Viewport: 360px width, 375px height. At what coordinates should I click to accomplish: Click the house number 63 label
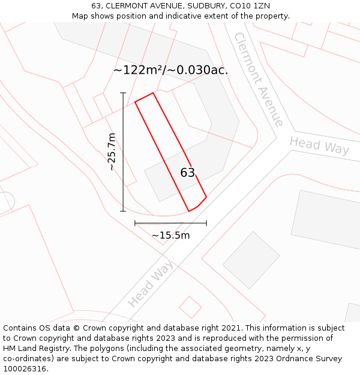188,173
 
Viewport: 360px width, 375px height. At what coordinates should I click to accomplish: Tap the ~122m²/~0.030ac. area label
171,70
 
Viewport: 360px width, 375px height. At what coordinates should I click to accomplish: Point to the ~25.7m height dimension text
112,152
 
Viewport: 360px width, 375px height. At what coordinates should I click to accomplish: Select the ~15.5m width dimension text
170,235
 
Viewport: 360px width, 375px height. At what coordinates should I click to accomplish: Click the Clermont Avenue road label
259,79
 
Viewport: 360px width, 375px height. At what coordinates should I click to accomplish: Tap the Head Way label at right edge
319,145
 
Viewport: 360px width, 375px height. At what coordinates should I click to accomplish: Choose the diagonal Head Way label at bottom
150,283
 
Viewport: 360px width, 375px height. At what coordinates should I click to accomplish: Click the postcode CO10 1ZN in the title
250,6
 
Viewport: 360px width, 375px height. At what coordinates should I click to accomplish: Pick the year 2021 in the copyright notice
230,328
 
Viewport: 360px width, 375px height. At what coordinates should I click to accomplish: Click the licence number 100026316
26,369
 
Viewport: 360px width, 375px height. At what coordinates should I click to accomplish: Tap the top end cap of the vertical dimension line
123,93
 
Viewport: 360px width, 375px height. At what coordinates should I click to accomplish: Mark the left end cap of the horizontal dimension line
135,223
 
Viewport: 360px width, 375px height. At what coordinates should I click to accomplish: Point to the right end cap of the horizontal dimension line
206,223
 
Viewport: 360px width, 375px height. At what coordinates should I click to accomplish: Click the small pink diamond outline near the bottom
190,307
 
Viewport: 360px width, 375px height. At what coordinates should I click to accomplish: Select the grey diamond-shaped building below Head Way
251,260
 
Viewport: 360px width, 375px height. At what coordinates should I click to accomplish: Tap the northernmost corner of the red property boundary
154,92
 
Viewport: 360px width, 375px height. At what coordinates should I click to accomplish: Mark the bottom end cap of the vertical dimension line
123,211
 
